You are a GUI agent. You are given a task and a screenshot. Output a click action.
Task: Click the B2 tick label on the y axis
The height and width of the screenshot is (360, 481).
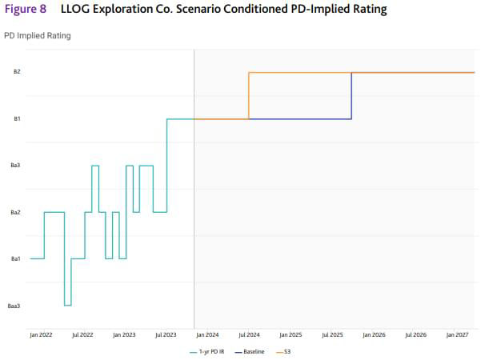point(17,72)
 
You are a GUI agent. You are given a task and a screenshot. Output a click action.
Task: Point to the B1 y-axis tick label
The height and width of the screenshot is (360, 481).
point(17,119)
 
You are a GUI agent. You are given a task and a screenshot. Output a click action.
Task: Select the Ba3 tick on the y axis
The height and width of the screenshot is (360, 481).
point(15,166)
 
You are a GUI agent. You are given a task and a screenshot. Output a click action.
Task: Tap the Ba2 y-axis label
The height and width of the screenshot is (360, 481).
point(15,213)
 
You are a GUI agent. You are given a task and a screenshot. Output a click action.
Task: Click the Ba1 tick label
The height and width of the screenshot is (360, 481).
point(15,259)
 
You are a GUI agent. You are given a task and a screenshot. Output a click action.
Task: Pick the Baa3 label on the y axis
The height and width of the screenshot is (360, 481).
point(14,306)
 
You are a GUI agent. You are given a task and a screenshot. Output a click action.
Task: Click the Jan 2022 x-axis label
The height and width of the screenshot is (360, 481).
point(41,335)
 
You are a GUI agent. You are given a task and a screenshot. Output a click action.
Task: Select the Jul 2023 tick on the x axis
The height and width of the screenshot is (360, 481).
point(166,335)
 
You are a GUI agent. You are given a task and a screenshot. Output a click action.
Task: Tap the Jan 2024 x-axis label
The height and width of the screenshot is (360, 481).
point(207,335)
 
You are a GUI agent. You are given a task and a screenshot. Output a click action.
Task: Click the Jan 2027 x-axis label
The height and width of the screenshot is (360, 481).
point(457,335)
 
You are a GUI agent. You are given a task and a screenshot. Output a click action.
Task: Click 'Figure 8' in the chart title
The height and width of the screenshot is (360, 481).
point(26,10)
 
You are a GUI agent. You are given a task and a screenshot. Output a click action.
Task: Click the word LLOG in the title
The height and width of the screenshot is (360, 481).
point(76,10)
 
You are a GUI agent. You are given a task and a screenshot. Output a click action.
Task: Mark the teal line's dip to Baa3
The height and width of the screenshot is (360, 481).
point(68,305)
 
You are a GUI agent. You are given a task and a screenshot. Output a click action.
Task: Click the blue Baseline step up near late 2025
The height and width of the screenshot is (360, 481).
point(351,96)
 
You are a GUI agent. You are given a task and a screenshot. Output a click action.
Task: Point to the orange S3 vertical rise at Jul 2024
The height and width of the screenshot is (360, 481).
point(249,96)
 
